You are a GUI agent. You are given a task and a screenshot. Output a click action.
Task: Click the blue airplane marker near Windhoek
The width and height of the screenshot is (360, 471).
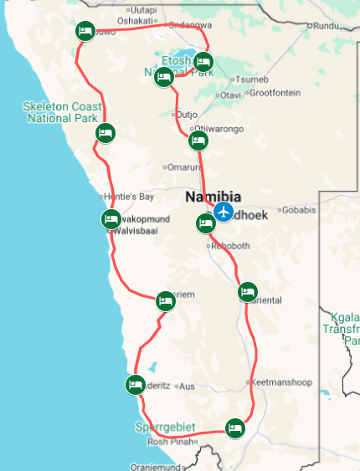coord(223,211)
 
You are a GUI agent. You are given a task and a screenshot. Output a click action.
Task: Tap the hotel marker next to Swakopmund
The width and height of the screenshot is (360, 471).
coord(111,220)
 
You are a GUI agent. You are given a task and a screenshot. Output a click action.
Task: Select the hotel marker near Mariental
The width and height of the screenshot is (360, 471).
coord(247,292)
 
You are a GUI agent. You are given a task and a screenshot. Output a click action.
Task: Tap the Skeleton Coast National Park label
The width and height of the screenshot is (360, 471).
coord(62,111)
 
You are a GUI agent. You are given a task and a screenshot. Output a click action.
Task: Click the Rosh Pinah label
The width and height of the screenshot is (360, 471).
coord(170,442)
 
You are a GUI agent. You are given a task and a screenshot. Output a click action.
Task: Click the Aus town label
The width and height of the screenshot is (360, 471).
coord(188,387)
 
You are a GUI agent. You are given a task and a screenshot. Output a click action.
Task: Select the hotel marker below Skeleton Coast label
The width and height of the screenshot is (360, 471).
coord(105,133)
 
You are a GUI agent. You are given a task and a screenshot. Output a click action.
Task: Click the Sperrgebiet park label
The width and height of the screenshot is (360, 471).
coord(165,427)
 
